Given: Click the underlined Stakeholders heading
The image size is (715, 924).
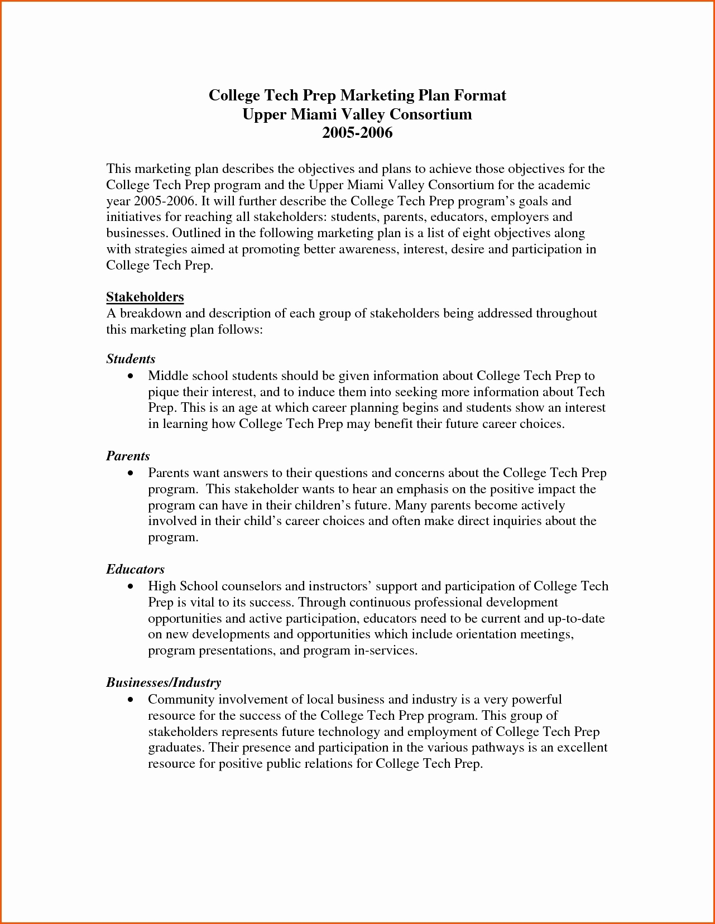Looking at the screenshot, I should [x=145, y=297].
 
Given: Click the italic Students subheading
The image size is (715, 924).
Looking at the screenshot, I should [x=131, y=359].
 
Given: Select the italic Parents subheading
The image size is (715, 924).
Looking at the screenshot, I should [x=128, y=456].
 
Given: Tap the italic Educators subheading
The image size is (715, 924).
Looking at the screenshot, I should [x=135, y=569].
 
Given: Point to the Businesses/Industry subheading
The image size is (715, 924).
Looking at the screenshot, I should [x=164, y=682].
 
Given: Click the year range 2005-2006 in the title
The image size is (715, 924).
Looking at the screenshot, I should [x=357, y=133].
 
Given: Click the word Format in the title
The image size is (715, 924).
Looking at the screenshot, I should [x=479, y=95].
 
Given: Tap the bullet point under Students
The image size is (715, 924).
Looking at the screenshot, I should [x=131, y=377].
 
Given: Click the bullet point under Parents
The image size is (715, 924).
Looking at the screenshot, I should [x=131, y=473].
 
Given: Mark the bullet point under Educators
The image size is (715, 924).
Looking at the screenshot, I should [x=131, y=586].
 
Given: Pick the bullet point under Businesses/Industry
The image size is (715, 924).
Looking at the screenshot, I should [x=131, y=700].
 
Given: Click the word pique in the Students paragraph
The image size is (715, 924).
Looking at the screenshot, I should [x=163, y=393].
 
